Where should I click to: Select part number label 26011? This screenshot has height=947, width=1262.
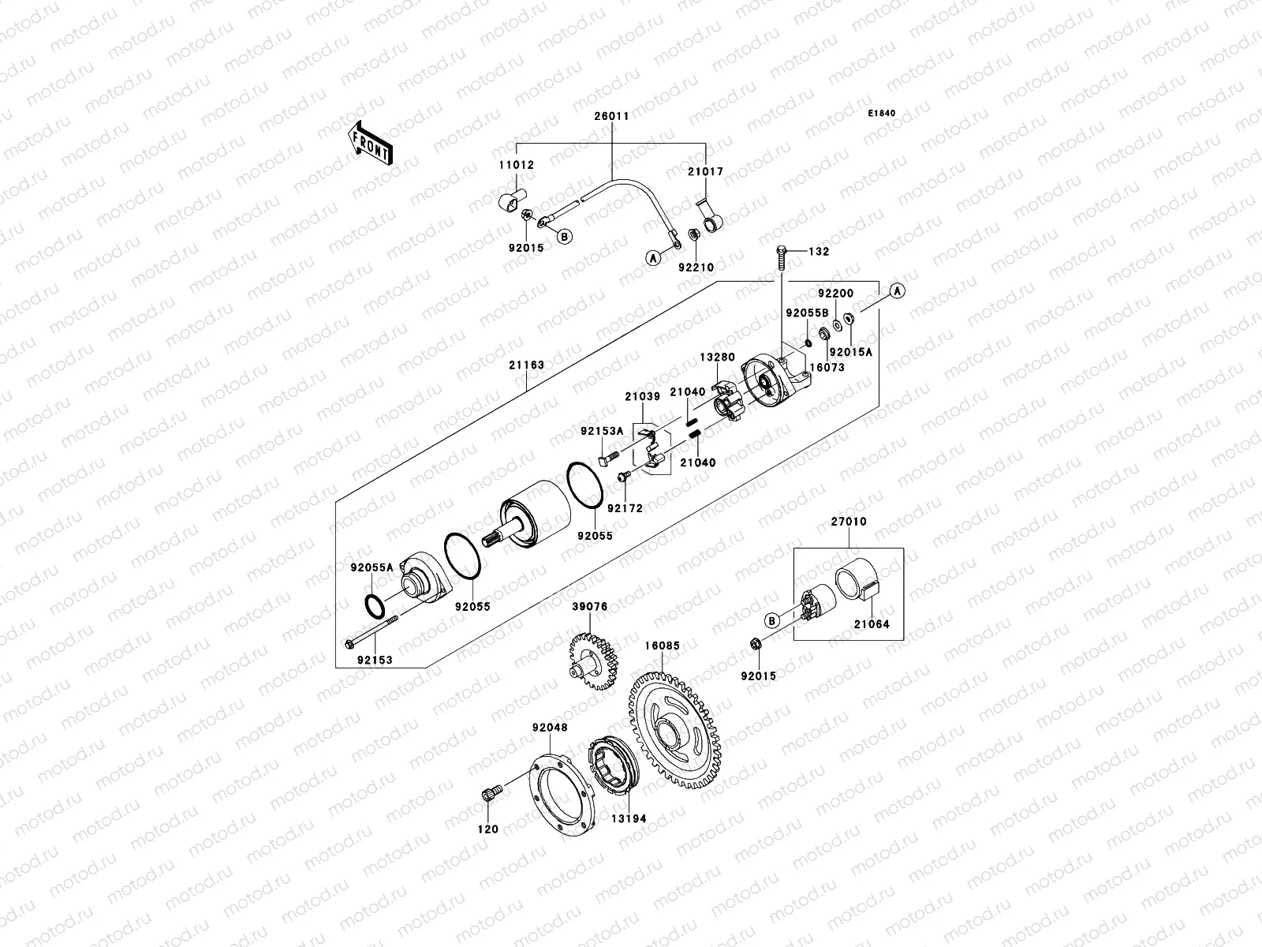click(x=611, y=116)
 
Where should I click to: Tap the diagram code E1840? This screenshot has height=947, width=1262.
click(x=882, y=114)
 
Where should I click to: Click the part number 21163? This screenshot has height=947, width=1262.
click(x=525, y=365)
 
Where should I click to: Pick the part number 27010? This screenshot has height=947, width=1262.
click(x=848, y=522)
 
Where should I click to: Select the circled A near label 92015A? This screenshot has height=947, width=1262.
click(x=897, y=291)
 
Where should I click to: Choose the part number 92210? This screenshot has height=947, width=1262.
click(x=696, y=268)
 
